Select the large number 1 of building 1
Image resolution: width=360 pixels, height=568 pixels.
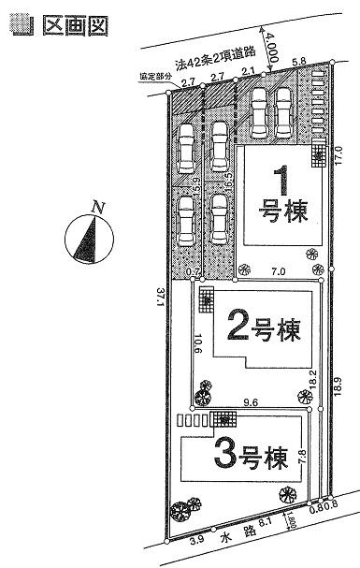279,181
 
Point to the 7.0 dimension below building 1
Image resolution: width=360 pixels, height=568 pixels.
278,270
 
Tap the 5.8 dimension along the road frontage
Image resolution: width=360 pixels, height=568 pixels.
299,62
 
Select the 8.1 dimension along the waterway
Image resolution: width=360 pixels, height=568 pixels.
264,528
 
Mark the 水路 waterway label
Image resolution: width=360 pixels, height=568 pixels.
222,537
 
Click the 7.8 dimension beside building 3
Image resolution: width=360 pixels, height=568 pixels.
300,458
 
